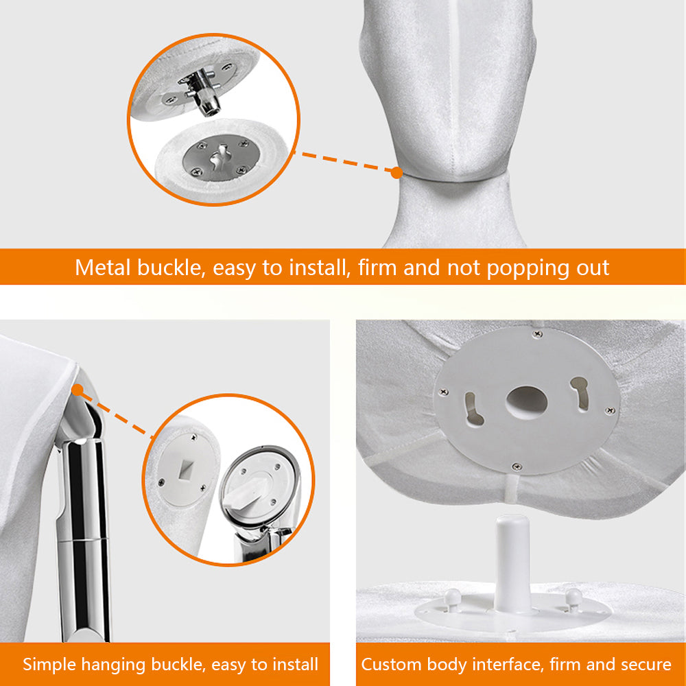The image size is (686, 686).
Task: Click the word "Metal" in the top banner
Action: [x=103, y=267]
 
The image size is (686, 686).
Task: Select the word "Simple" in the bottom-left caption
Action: [x=49, y=665]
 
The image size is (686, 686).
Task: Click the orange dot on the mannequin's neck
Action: [x=397, y=173]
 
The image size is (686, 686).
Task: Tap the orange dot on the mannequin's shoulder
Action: [x=78, y=390]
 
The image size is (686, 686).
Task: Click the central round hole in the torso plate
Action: [x=527, y=402]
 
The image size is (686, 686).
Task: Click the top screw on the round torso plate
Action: [x=538, y=334]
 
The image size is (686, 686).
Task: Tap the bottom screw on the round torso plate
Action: [x=517, y=466]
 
